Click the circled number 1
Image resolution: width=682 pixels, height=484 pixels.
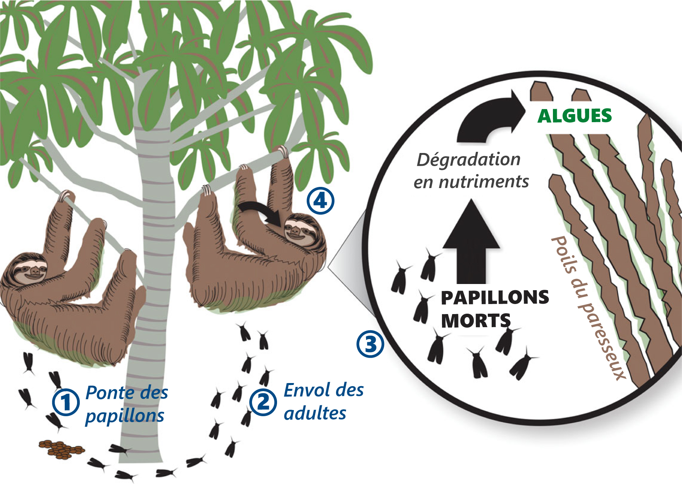point(66,402)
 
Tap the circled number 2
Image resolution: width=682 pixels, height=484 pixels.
point(263,402)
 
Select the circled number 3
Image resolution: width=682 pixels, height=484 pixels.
point(370,344)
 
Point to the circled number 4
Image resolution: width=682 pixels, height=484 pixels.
point(321,201)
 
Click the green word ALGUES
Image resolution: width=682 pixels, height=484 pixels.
point(574,116)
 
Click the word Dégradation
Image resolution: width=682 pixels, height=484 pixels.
point(469,160)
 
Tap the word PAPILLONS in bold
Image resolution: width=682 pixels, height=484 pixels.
point(495,297)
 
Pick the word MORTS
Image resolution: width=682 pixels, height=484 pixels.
point(475,321)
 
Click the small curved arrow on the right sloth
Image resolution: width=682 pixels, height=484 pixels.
point(262,213)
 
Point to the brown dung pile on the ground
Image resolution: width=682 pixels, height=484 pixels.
point(62,449)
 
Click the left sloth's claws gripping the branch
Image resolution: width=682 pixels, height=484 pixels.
point(66,195)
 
